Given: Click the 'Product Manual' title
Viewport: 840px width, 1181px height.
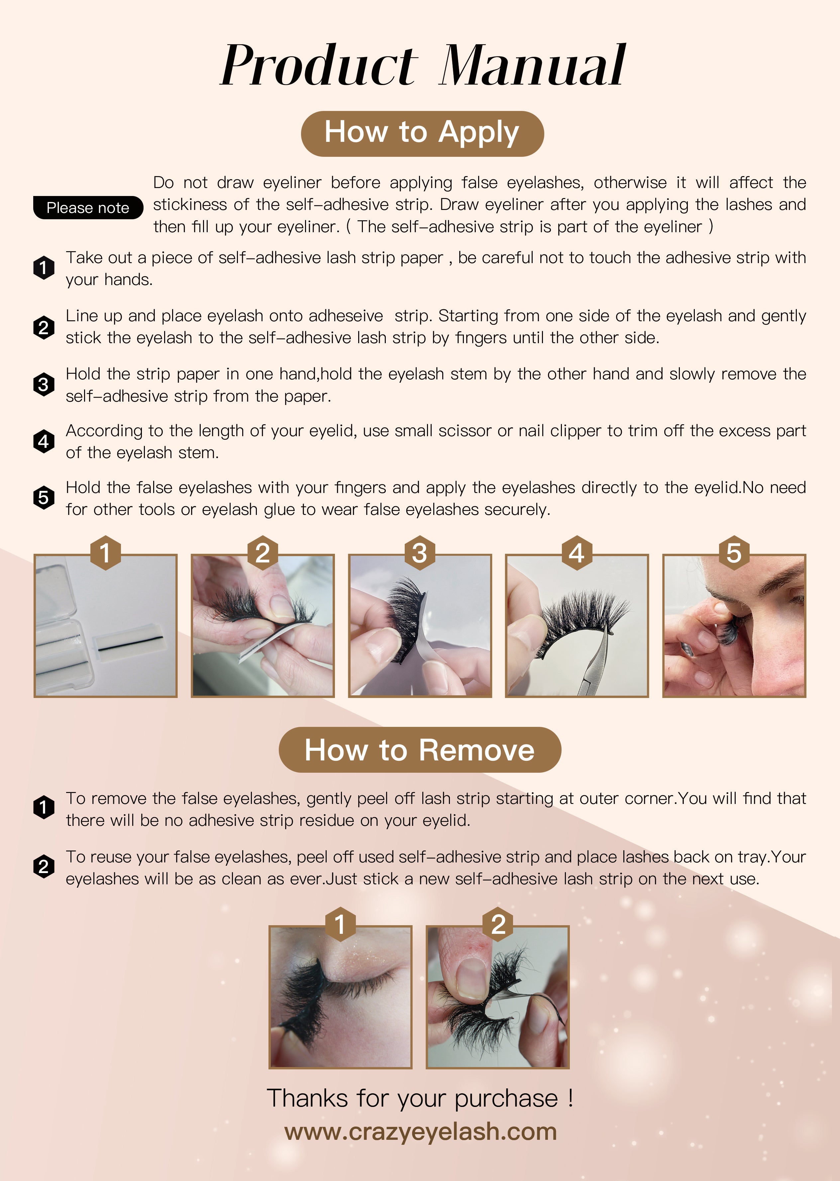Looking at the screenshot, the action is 423,66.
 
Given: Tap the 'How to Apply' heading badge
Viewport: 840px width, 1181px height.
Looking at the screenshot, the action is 422,134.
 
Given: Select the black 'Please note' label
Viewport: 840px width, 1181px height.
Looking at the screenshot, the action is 88,207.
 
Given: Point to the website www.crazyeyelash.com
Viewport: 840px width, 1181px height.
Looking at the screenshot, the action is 421,1132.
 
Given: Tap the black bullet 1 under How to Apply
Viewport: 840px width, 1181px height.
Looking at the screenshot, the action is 44,268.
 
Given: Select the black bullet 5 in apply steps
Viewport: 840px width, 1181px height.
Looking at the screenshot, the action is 44,497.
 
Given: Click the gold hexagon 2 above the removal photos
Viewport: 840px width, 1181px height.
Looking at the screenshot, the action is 497,924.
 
